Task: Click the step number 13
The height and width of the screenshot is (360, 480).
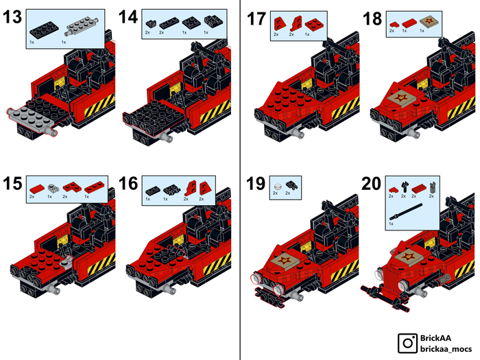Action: [x=12, y=16]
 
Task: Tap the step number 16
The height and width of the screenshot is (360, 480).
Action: [x=128, y=183]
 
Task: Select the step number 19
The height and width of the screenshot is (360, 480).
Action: [x=256, y=183]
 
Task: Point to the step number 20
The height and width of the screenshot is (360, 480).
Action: [x=372, y=183]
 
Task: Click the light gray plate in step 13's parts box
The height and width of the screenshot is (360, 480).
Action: [x=82, y=27]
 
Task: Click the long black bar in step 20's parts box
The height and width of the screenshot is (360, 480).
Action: [x=406, y=211]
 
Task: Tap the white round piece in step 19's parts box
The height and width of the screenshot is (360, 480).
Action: [x=278, y=186]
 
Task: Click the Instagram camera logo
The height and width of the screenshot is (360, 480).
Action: [x=407, y=343]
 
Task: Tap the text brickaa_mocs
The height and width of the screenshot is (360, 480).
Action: [x=446, y=348]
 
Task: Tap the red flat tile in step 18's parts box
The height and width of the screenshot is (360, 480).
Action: [x=409, y=23]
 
